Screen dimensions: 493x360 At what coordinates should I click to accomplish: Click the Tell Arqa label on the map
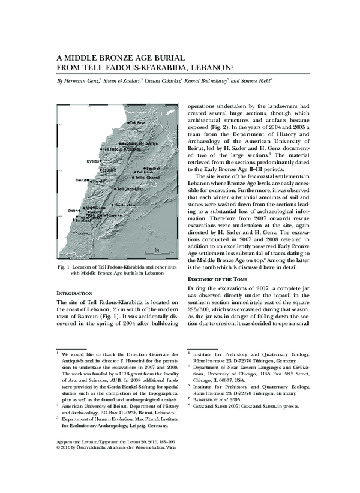(x=137, y=122)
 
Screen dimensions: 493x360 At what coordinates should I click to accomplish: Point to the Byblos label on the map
(x=92, y=161)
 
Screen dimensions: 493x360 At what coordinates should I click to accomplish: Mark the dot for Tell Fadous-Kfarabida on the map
(x=101, y=149)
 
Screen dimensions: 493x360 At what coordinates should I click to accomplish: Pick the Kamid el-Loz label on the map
(x=143, y=205)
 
